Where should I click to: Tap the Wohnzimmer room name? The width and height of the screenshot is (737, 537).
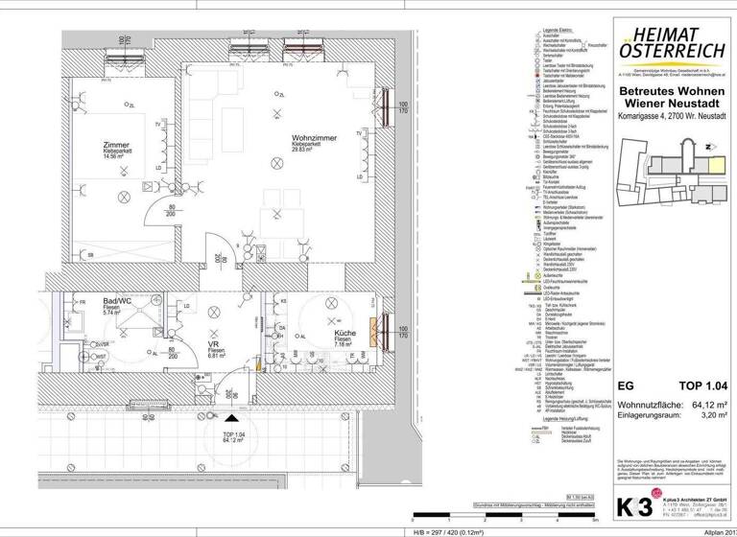[313, 136]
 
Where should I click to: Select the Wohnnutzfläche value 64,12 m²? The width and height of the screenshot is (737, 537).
[710, 404]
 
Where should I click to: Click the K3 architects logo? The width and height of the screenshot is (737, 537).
[626, 502]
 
